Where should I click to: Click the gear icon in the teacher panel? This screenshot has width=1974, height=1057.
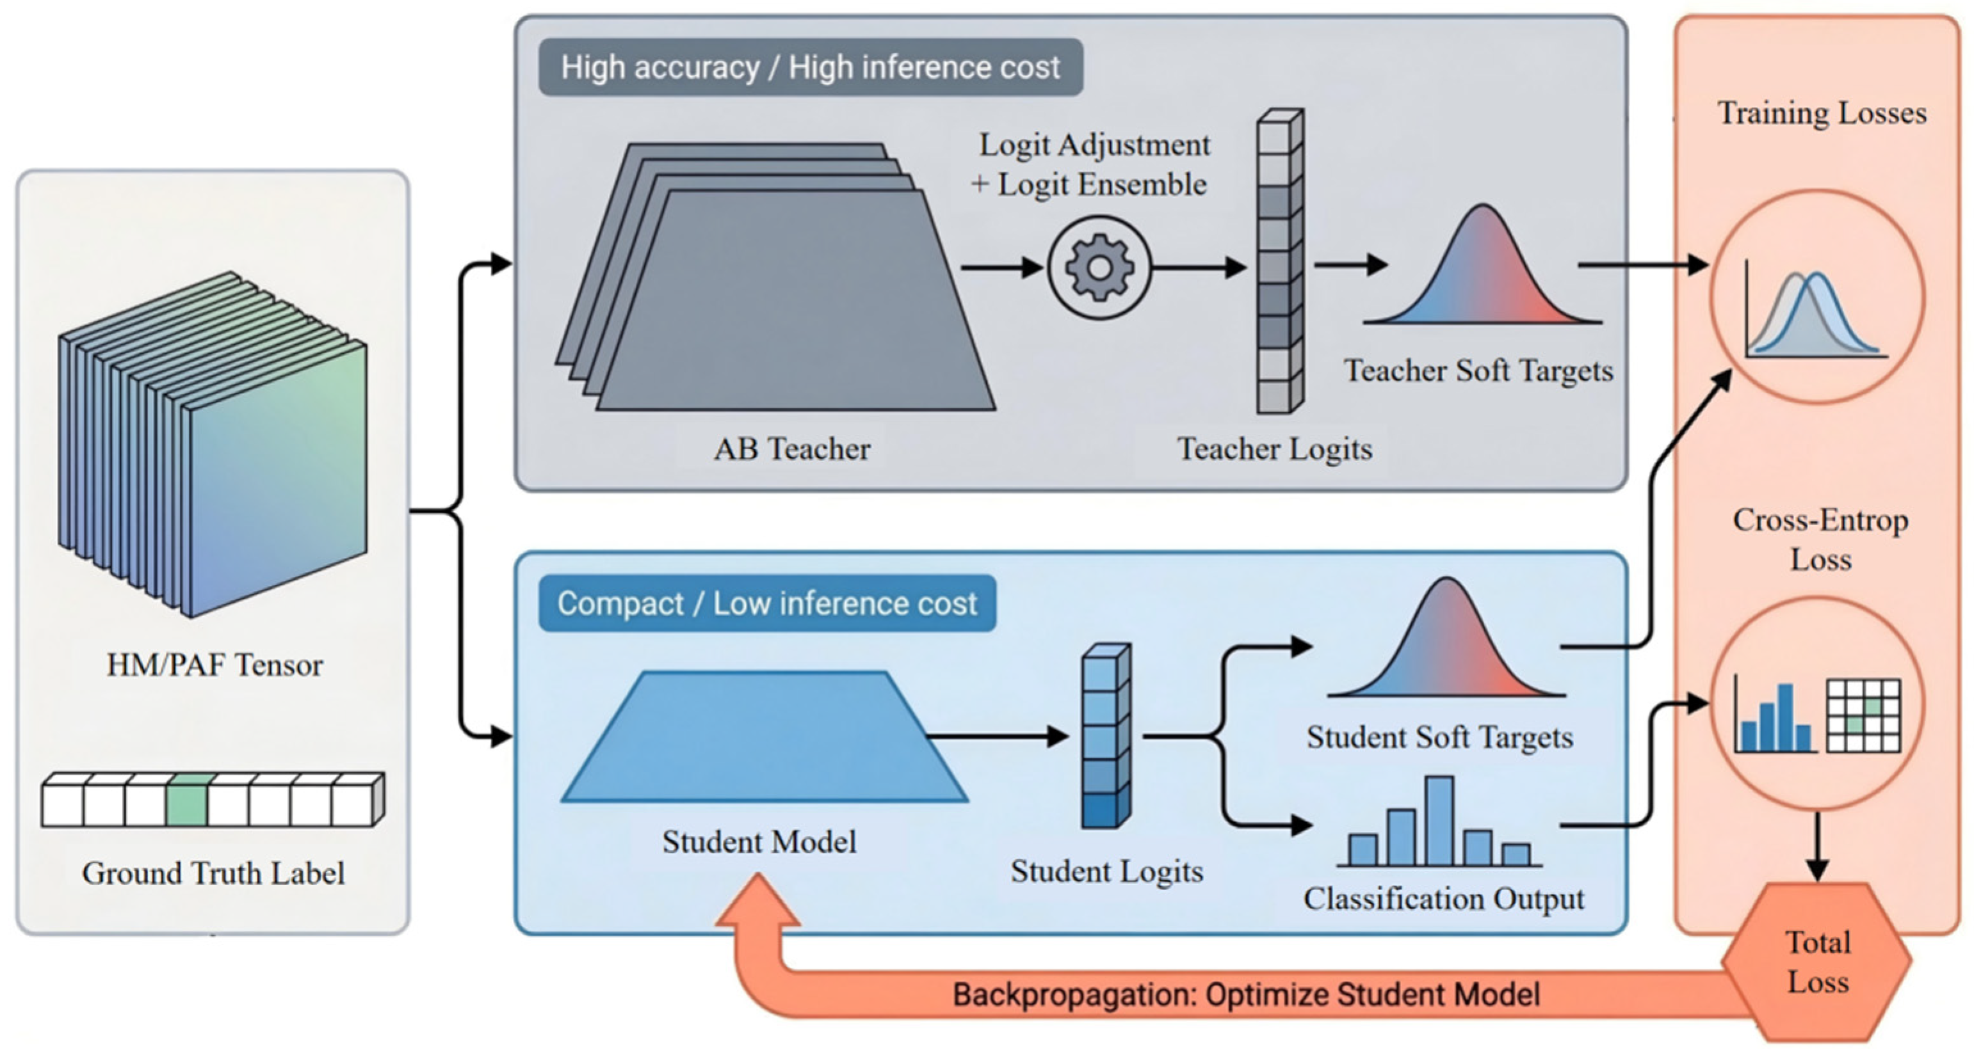(1099, 267)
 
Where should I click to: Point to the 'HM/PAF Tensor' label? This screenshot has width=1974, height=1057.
(214, 665)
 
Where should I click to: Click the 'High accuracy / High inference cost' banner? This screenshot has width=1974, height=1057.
(811, 67)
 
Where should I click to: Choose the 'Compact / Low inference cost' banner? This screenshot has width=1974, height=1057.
(767, 603)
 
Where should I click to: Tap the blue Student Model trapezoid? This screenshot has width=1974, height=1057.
(765, 737)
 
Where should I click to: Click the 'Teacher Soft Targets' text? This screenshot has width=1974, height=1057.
(1478, 370)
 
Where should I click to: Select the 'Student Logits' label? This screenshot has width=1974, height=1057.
(1106, 871)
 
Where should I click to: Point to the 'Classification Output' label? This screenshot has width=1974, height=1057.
(1444, 899)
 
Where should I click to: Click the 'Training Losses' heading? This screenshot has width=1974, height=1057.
(1822, 113)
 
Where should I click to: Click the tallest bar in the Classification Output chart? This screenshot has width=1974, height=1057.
(1440, 821)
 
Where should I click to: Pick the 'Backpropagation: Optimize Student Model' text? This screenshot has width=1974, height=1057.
(1246, 995)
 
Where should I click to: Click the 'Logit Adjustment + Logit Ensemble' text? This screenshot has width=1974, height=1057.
(1090, 164)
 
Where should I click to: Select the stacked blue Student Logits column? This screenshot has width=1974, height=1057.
(1106, 736)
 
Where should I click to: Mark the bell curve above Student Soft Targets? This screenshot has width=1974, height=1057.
(1446, 637)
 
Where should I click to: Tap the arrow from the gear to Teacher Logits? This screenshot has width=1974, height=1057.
(1199, 267)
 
